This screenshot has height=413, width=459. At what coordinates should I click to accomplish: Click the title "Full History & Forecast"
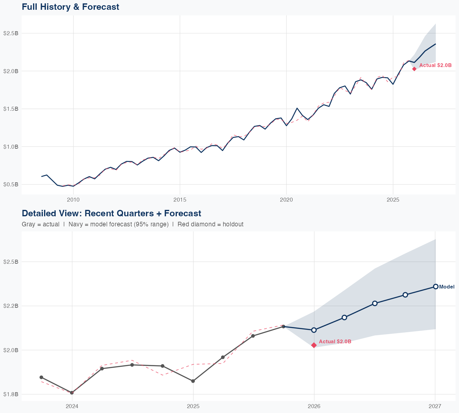click(x=70, y=7)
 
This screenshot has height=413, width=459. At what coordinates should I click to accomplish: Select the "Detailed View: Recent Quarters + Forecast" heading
click(x=111, y=213)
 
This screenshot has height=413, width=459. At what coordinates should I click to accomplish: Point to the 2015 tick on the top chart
click(x=180, y=200)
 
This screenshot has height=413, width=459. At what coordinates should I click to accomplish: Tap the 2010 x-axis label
click(x=73, y=200)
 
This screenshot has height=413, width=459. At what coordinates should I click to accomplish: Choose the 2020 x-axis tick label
click(x=286, y=200)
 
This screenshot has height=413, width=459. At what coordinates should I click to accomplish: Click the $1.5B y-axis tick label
click(x=11, y=109)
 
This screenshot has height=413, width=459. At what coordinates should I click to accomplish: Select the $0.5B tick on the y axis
click(x=11, y=184)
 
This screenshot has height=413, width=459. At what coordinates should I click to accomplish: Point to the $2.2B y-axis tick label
click(x=11, y=306)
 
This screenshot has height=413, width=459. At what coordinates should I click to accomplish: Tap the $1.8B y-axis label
click(x=11, y=394)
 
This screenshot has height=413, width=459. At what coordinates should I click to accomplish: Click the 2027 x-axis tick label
click(x=435, y=406)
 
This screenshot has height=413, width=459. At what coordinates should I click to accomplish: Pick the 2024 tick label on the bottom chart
click(x=72, y=406)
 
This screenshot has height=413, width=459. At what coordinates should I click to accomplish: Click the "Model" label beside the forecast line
click(x=446, y=287)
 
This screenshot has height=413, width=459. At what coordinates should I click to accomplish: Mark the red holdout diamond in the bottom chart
click(x=314, y=345)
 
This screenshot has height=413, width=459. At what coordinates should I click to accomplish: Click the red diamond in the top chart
click(x=414, y=69)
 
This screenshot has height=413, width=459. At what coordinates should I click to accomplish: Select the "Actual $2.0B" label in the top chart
click(x=435, y=65)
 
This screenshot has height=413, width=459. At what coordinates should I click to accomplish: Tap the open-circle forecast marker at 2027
click(x=435, y=287)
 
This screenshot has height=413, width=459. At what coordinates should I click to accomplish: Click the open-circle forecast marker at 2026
click(x=314, y=330)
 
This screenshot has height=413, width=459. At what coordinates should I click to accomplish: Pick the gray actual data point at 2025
click(x=193, y=381)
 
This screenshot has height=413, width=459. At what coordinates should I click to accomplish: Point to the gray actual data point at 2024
click(x=72, y=393)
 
